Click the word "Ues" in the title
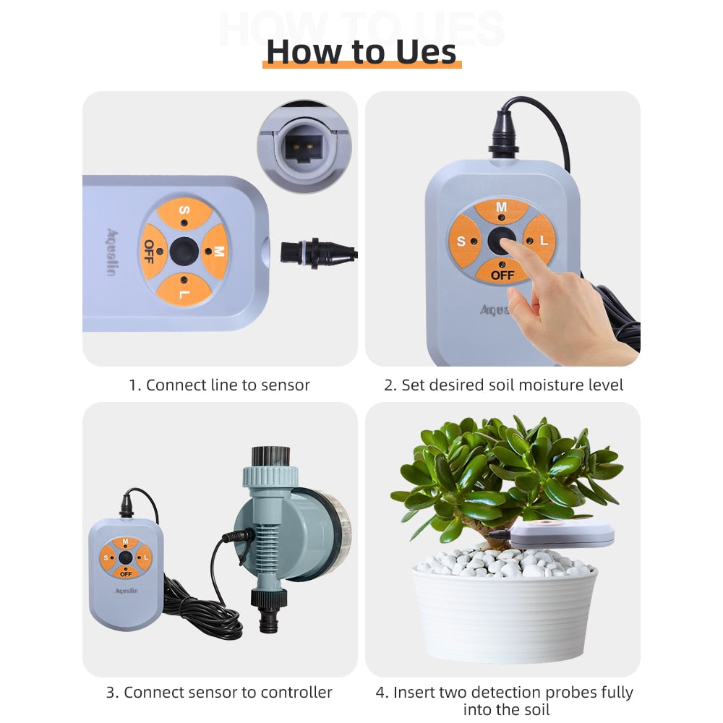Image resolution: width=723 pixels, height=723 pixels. click(426, 51)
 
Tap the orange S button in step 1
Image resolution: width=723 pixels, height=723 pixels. click(184, 213)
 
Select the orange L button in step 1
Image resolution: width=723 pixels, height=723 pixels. click(184, 290)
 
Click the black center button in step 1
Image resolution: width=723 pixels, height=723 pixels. click(184, 252)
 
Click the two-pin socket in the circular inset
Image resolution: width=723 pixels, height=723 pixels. click(302, 146)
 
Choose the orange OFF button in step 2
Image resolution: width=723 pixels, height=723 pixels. click(502, 272)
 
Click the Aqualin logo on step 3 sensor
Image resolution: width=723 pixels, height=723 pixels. click(127, 591)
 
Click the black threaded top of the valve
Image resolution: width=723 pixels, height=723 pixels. click(270, 457)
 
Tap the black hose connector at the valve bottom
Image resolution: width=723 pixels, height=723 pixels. click(269, 609)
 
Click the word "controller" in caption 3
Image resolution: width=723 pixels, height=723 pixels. click(296, 692)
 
